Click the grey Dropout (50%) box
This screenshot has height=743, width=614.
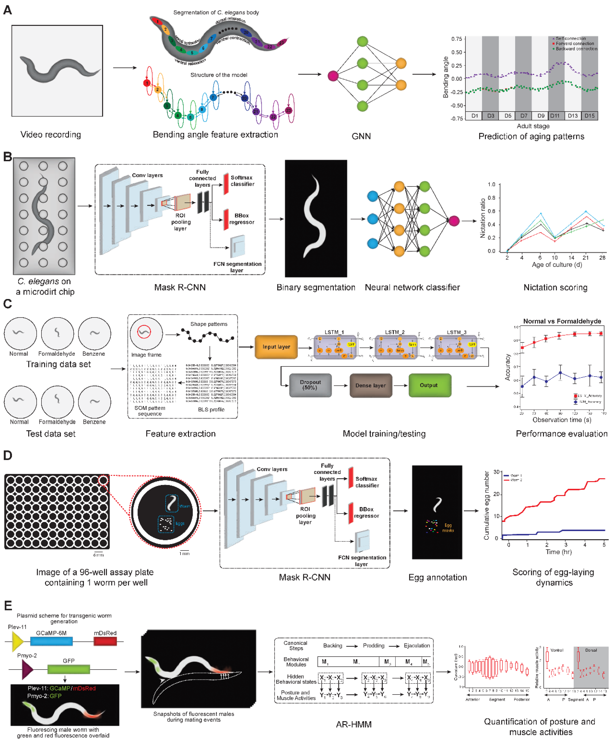310,385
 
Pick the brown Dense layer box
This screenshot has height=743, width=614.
371,385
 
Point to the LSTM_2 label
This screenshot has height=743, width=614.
395,332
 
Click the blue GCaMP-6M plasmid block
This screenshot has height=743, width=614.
51,641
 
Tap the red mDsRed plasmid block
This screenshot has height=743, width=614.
105,641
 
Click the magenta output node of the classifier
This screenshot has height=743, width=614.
454,221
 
